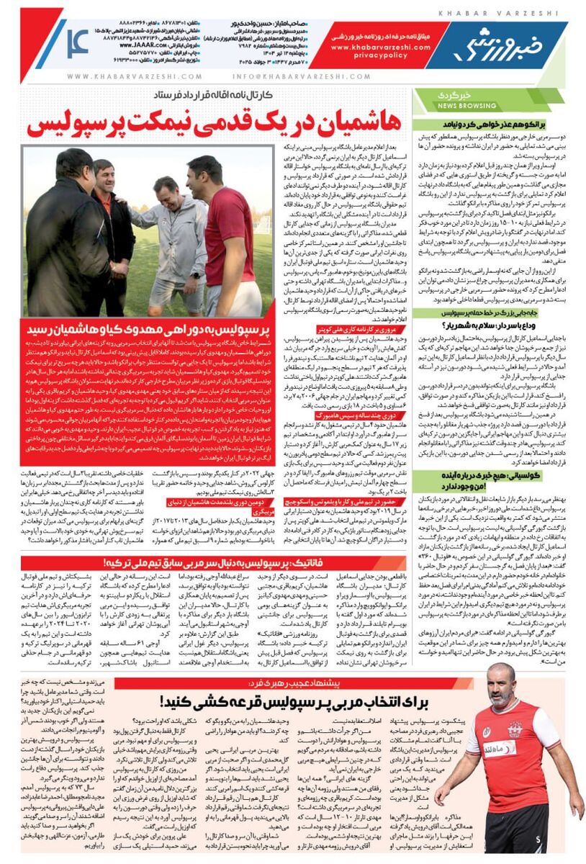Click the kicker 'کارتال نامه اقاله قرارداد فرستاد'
tap(214, 96)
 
